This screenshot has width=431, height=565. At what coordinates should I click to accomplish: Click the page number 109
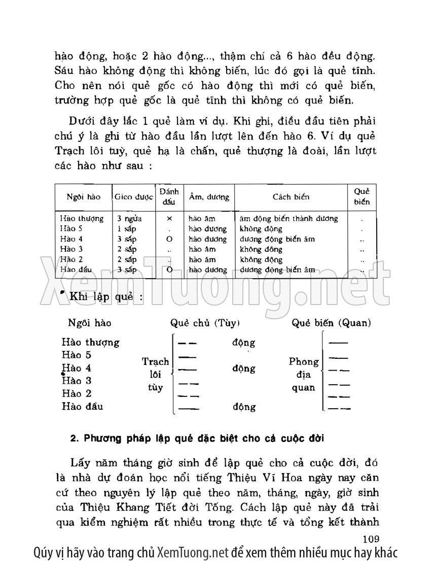click(371, 539)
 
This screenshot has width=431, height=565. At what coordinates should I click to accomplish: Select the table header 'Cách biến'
click(291, 196)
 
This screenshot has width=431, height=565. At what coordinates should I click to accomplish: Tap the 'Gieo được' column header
click(134, 196)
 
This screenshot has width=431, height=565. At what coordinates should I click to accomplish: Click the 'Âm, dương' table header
click(209, 196)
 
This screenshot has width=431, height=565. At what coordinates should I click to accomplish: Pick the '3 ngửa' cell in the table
click(129, 218)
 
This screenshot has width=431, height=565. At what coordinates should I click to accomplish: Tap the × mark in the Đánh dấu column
click(169, 218)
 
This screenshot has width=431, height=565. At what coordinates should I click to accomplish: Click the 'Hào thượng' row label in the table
click(82, 218)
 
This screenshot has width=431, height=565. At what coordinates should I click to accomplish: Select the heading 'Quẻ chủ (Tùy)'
click(205, 323)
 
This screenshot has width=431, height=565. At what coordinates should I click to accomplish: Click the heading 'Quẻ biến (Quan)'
click(331, 323)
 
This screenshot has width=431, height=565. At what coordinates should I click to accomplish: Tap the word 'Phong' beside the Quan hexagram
click(304, 362)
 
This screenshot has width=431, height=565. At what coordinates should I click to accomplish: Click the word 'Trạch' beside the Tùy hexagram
click(155, 362)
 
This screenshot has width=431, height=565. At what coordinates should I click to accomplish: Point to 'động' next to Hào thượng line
click(243, 343)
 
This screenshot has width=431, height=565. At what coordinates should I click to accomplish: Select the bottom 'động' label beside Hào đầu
click(243, 407)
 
